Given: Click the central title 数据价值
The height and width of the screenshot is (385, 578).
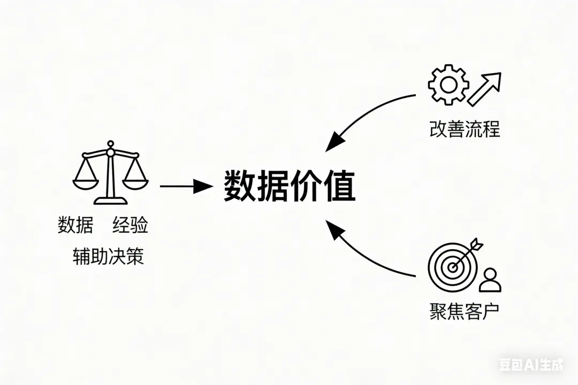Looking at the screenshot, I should [x=289, y=186].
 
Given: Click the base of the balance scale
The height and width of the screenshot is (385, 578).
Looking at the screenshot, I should [x=110, y=201].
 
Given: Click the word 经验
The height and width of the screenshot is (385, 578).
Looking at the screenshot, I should [x=130, y=226].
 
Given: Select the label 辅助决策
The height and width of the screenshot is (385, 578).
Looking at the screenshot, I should [x=108, y=257].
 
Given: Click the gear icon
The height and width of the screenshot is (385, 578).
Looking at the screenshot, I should [x=448, y=84].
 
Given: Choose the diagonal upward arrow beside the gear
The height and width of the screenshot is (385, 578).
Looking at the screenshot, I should [x=485, y=88].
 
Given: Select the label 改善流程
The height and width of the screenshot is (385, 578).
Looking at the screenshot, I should [x=464, y=129].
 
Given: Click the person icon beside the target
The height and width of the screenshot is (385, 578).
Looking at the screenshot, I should [x=490, y=280].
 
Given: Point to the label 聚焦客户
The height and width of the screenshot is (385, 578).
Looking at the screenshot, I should [x=464, y=312].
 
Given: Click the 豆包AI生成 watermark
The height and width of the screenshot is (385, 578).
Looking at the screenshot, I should [x=531, y=366].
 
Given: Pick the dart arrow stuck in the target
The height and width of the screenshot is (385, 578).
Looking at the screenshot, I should [x=468, y=251].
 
